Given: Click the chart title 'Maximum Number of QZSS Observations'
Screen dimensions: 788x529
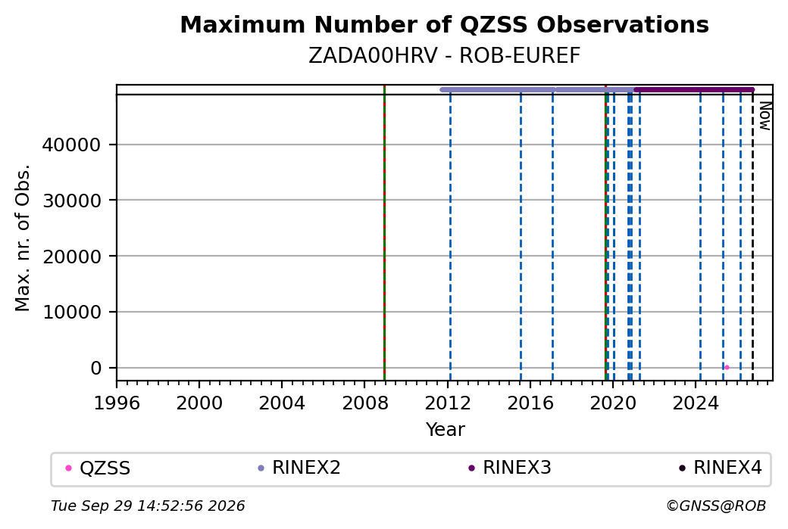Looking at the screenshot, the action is (x=444, y=24).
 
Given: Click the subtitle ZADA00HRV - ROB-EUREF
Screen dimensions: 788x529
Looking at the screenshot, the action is (x=444, y=56).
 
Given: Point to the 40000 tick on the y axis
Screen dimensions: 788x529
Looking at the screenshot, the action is (x=71, y=145).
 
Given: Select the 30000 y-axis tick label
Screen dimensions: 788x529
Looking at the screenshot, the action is (x=71, y=201).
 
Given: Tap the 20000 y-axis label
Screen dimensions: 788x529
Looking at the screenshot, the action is (x=71, y=256).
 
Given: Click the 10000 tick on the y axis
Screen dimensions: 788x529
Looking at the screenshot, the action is (x=71, y=312).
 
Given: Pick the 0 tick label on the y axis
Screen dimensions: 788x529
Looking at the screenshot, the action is (x=96, y=368).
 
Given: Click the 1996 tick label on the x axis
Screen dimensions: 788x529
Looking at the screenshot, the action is (x=117, y=403).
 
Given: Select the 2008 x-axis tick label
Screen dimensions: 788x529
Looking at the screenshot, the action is (x=365, y=403).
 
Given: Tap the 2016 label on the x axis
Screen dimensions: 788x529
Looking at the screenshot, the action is (x=530, y=403).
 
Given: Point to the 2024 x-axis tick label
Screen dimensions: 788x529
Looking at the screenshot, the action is (x=696, y=403).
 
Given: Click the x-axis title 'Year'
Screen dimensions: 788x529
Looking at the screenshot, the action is (x=446, y=430).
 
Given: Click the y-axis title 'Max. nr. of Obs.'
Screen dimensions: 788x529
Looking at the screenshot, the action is (x=23, y=238).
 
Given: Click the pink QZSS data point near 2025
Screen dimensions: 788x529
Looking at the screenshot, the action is (x=727, y=367).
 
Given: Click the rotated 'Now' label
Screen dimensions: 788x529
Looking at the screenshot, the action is (x=765, y=116).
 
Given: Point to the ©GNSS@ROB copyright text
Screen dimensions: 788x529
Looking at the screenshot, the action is (x=716, y=506).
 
